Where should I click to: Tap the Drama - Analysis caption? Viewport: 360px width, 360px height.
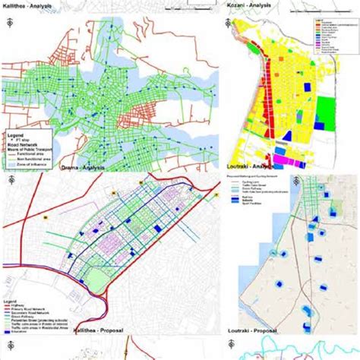pos(83,167)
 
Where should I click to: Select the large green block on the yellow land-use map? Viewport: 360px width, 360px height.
pos(325,108)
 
